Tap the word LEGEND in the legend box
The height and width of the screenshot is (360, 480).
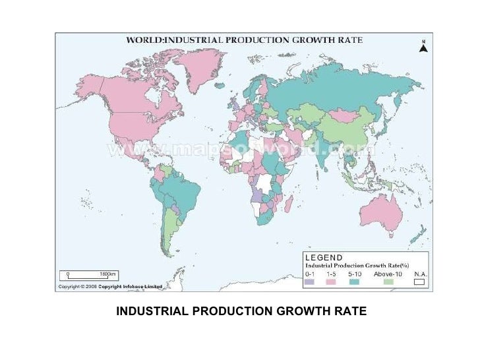coord(323,258)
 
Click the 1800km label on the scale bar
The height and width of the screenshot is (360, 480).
coord(107,273)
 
